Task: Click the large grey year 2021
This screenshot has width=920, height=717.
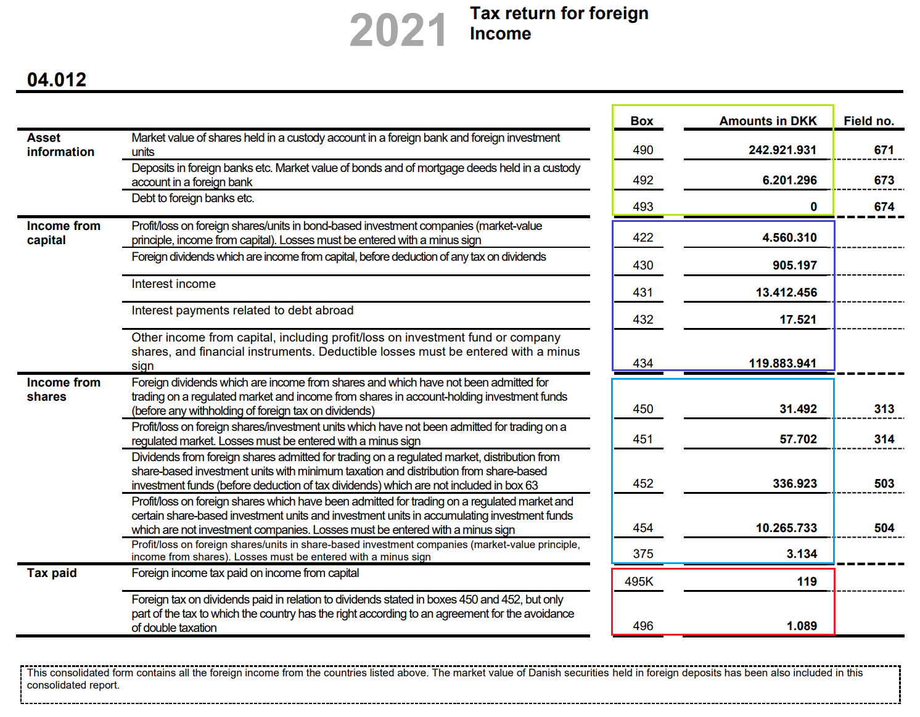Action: click(x=398, y=30)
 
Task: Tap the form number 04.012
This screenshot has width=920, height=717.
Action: click(x=57, y=80)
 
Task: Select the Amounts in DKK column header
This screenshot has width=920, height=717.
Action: click(x=768, y=121)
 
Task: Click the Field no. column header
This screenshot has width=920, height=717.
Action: click(x=869, y=121)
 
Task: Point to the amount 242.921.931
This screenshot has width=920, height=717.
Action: click(x=782, y=150)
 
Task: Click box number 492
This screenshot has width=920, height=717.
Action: click(x=643, y=180)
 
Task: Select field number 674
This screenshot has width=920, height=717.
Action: click(x=884, y=207)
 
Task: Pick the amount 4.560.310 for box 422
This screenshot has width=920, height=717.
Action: click(x=789, y=237)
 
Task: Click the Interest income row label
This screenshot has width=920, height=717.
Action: click(x=173, y=284)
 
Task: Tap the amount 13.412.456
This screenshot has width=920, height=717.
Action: click(x=786, y=292)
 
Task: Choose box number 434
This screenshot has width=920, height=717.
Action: click(x=643, y=363)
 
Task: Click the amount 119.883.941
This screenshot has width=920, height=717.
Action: click(x=782, y=363)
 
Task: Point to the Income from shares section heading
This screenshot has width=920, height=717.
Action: click(x=64, y=390)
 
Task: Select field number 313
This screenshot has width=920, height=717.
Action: click(x=884, y=409)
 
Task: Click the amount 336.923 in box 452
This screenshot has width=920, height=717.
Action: click(x=795, y=483)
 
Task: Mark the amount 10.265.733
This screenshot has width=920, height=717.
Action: click(x=786, y=528)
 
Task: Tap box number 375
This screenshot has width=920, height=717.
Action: click(x=643, y=554)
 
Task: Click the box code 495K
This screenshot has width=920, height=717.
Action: click(x=639, y=581)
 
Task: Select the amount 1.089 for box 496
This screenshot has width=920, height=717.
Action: click(x=802, y=626)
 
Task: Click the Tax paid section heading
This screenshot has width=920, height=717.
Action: click(x=52, y=573)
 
